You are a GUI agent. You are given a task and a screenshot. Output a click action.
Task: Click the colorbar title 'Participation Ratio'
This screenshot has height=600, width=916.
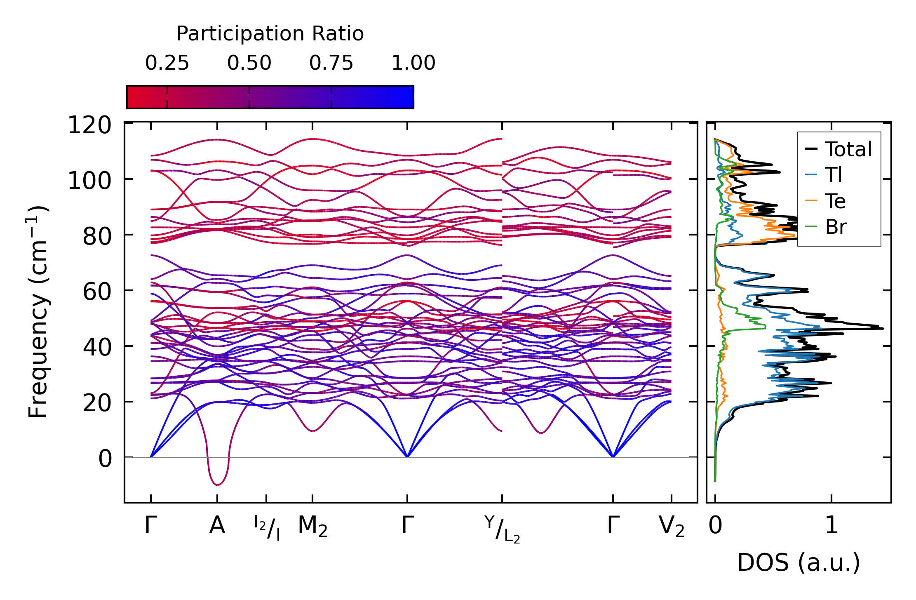[270, 34]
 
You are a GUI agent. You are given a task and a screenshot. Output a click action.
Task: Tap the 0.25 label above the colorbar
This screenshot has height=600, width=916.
[167, 63]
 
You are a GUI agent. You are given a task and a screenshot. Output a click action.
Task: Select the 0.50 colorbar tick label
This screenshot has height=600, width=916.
[249, 63]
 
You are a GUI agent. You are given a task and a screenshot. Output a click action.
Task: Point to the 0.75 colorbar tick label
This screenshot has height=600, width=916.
[331, 63]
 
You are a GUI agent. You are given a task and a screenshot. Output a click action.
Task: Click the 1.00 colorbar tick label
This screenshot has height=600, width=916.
[413, 63]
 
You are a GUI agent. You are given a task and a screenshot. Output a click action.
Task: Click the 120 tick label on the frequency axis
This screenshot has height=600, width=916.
[89, 125]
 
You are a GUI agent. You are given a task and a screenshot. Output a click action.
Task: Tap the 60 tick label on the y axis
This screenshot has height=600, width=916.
[97, 292]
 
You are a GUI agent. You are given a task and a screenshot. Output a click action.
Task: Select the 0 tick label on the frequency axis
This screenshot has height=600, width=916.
[105, 459]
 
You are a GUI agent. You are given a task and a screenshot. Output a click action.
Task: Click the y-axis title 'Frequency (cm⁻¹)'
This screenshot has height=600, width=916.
[38, 312]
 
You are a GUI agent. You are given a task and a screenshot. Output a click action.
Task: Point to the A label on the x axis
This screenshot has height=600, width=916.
[217, 526]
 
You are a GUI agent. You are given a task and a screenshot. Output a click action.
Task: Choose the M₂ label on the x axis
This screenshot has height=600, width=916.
[312, 527]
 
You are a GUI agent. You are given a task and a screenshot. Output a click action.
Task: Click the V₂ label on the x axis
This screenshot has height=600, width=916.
[672, 527]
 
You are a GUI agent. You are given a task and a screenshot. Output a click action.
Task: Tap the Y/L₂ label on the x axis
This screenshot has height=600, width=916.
[502, 529]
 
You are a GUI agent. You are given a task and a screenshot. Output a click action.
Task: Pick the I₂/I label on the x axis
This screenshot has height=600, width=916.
[267, 528]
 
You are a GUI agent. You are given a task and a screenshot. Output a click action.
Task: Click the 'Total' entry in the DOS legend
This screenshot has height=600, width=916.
[848, 149]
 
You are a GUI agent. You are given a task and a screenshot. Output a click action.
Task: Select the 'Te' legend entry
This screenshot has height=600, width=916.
[835, 201]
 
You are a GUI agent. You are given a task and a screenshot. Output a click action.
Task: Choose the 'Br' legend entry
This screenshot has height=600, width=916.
[836, 227]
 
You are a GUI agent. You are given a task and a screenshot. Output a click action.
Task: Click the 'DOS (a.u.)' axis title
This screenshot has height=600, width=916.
[799, 563]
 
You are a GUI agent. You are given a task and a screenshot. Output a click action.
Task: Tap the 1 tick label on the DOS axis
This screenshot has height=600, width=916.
[831, 526]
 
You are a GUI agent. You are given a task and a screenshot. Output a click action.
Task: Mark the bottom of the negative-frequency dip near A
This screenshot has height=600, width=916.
[217, 485]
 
